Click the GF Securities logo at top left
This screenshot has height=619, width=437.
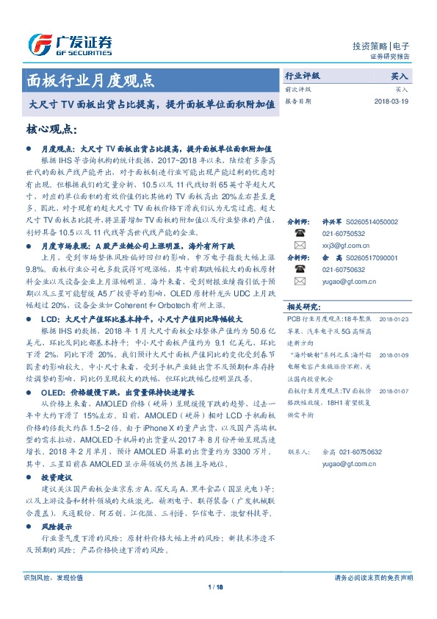[x=70, y=44]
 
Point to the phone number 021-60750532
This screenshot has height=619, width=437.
[x=343, y=232]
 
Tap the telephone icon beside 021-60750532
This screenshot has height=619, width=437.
[x=300, y=232]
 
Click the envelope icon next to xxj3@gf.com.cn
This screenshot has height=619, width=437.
[x=300, y=245]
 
